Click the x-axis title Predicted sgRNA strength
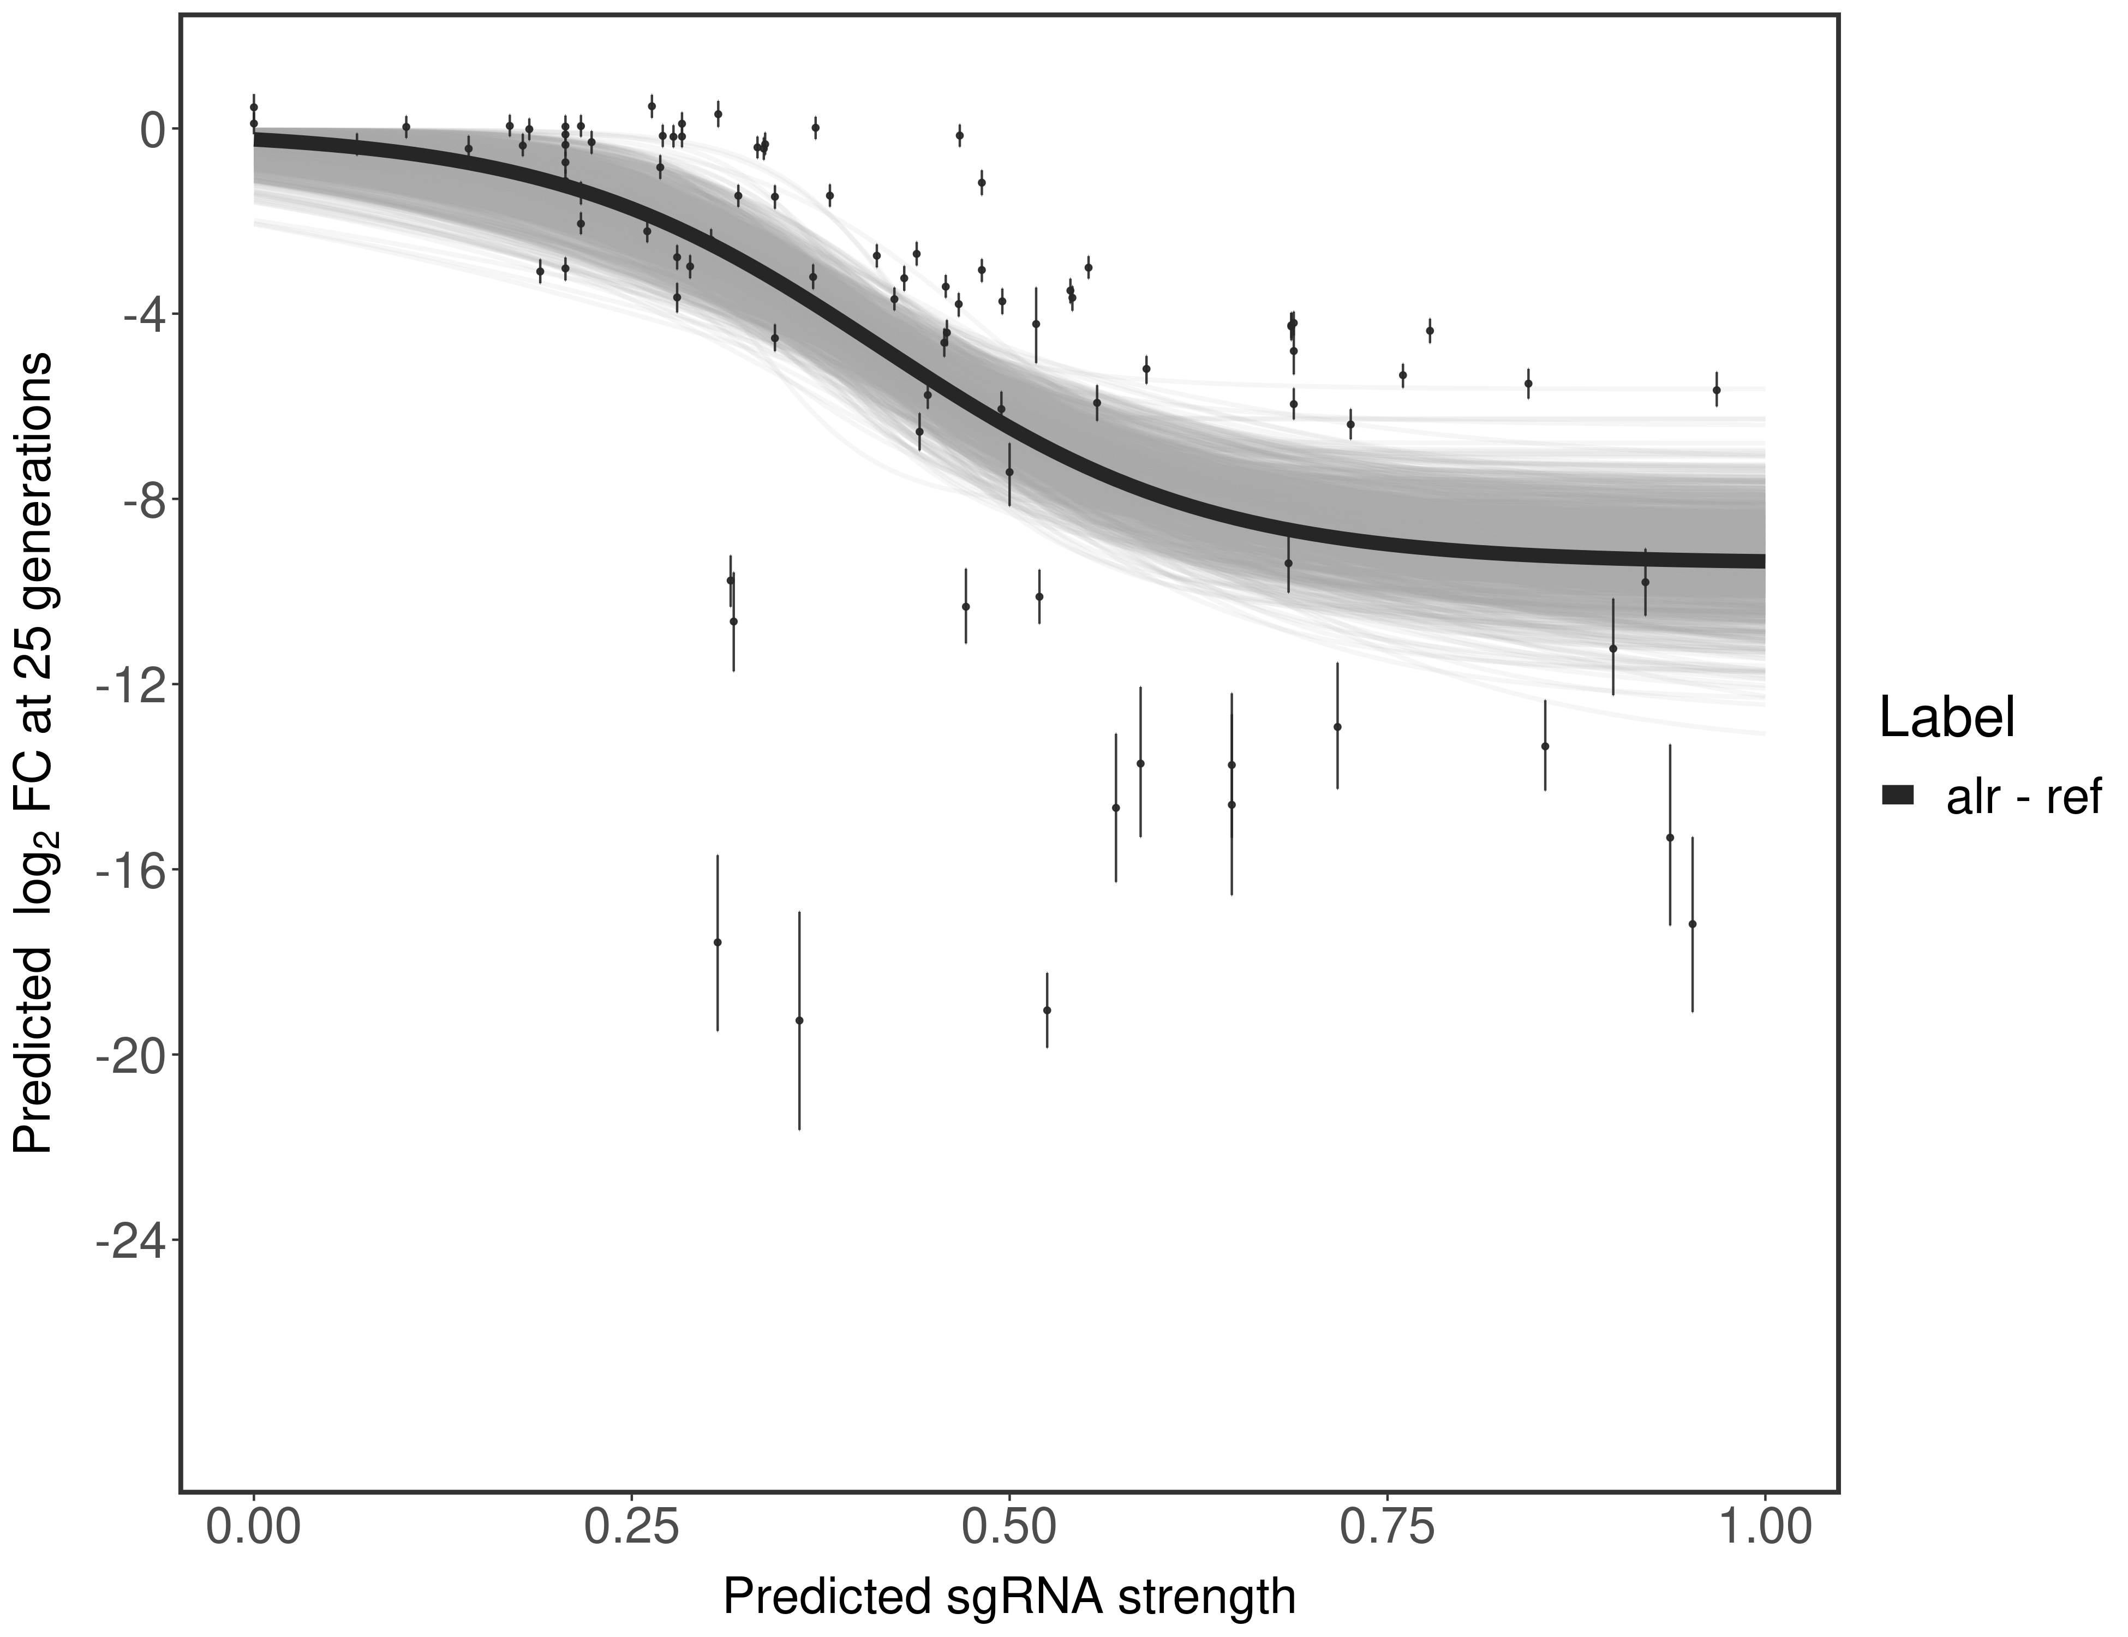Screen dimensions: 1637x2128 (1009, 1598)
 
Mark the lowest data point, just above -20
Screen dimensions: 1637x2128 (799, 1020)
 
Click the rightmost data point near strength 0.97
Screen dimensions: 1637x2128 (1716, 390)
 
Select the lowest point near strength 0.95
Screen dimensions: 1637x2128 (1693, 924)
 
